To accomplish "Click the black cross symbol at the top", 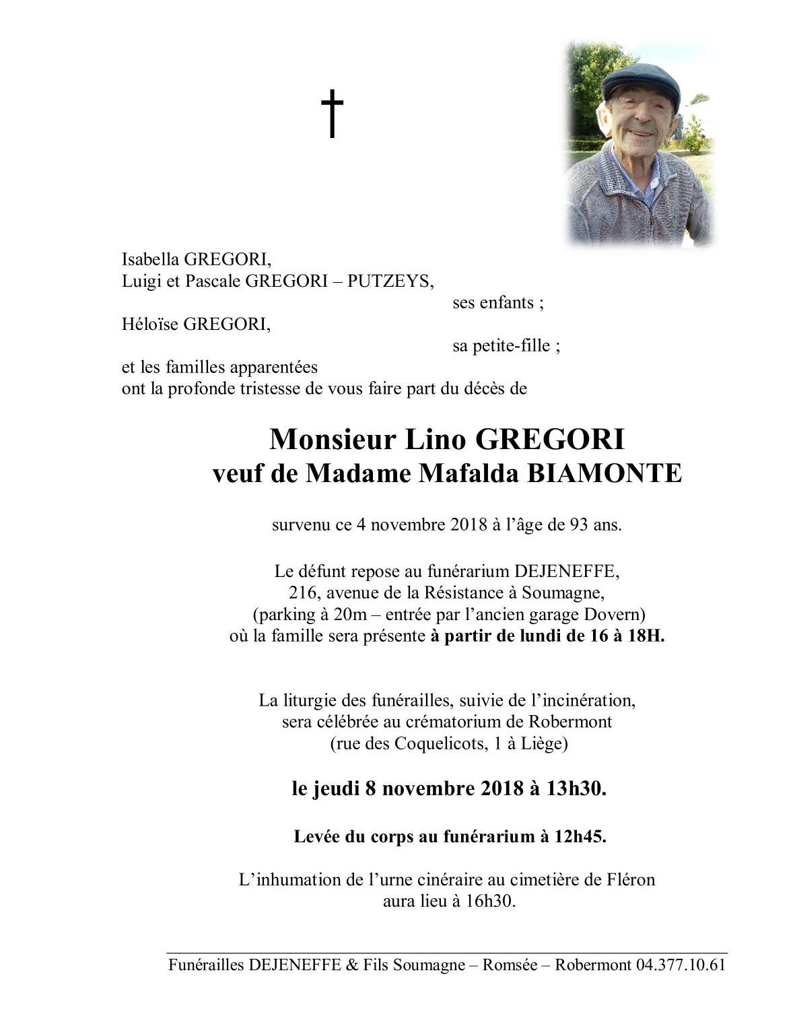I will tap(331, 114).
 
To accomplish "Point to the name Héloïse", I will tap(150, 325).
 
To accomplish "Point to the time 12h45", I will tap(580, 837).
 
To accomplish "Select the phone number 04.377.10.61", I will tap(680, 965).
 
